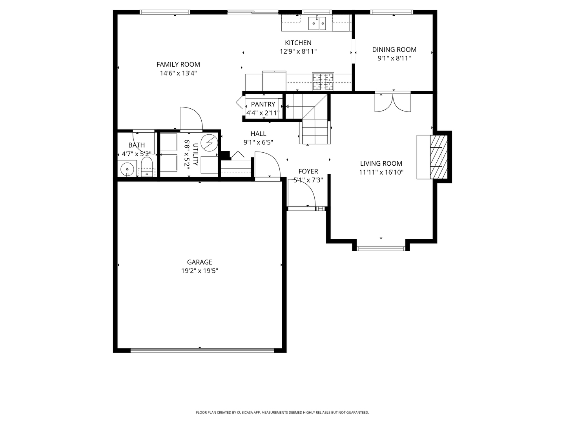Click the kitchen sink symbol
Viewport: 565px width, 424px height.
(317, 23)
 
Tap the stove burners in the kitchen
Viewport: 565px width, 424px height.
(323, 82)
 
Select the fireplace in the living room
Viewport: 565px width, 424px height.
(436, 157)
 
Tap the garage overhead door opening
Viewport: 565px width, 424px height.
(202, 350)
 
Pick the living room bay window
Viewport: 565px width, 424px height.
(381, 248)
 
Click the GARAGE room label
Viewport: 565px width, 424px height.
(199, 262)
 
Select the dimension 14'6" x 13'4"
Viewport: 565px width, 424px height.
(178, 73)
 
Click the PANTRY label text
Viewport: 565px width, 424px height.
(263, 104)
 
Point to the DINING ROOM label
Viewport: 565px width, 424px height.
(394, 49)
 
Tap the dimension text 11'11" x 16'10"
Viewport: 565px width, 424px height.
(381, 172)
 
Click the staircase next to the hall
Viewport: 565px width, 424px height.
(314, 126)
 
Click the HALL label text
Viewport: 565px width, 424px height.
(258, 134)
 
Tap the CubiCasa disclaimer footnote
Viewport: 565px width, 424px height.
(282, 413)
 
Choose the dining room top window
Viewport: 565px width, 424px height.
(392, 12)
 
